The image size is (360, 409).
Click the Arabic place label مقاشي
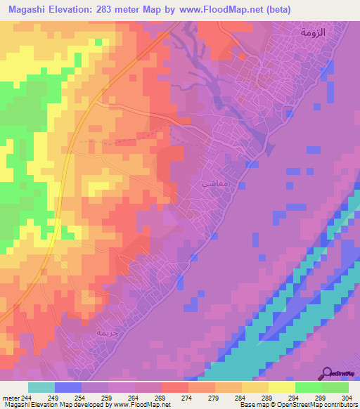(214, 182)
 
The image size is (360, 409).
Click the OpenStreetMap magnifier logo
(328, 372)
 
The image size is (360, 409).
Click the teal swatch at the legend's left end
(41, 387)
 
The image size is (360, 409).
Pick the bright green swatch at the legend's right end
(335, 387)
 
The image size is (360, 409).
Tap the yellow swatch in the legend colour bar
(281, 387)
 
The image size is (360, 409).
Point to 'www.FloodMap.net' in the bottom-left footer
(146, 405)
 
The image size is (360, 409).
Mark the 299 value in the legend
(316, 397)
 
